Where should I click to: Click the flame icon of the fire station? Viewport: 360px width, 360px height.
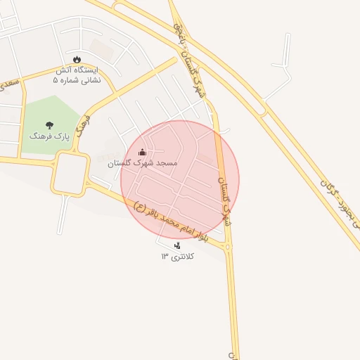point(77,58)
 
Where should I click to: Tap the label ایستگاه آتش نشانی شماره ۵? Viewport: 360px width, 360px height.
point(77,76)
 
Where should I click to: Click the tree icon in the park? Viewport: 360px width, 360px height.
point(49,124)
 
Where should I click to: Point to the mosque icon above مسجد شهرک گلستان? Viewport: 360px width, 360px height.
point(142,152)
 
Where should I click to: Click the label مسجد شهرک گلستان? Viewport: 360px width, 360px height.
point(142,163)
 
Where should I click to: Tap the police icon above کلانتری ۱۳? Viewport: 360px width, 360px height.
point(176,245)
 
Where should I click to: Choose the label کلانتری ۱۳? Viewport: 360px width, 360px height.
point(177,257)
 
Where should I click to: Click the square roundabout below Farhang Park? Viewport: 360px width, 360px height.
point(70,173)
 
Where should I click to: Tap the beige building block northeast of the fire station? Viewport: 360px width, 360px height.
point(102,49)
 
